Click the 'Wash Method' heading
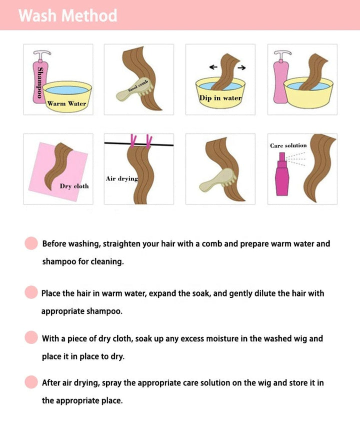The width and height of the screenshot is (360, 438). tap(68, 15)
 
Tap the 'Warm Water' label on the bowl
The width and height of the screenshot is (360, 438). tap(66, 103)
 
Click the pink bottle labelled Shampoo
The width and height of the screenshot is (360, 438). tap(40, 77)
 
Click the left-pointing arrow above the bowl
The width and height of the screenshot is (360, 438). tap(213, 67)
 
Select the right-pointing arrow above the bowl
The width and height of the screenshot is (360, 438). tap(242, 67)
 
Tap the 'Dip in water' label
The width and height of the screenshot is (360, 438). tap(220, 98)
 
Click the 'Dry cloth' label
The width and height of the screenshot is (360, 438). tap(74, 186)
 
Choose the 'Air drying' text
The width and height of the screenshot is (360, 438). tap(122, 178)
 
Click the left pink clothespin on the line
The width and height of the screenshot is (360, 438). tap(133, 141)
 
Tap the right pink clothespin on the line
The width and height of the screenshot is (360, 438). tap(149, 141)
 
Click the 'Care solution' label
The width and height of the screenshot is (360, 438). tap(288, 145)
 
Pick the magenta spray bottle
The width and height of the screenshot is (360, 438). tap(282, 174)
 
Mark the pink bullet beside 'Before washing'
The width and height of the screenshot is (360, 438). tap(31, 243)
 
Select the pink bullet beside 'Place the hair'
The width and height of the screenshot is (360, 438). tap(31, 292)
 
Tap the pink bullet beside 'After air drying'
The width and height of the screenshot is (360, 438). tap(31, 382)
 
